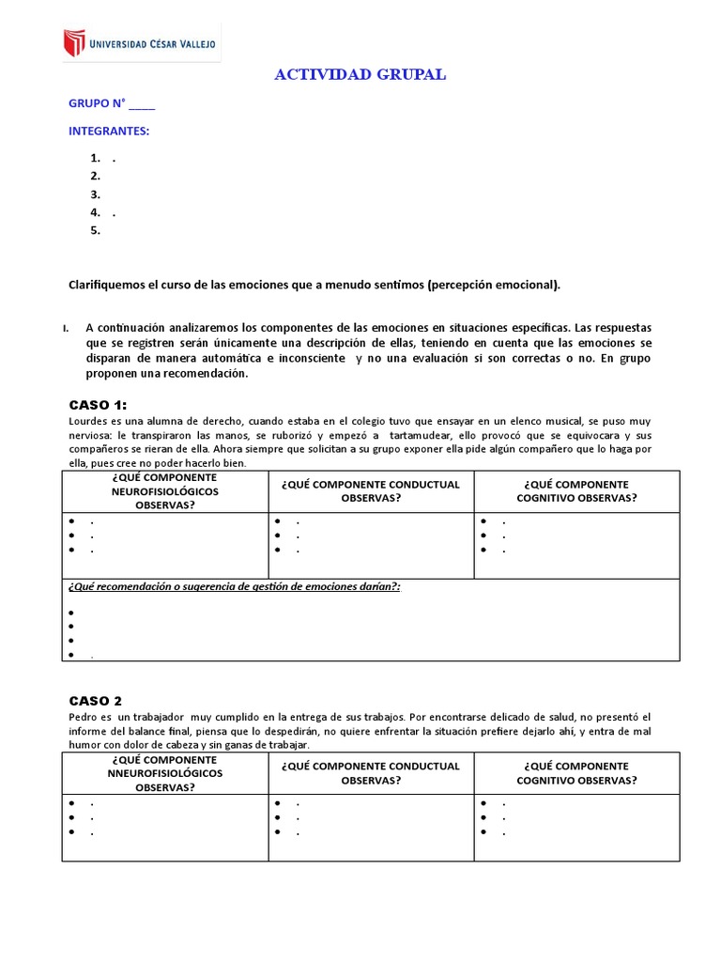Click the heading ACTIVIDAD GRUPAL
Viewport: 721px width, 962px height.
pos(360,75)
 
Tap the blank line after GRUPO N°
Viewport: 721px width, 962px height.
pos(142,105)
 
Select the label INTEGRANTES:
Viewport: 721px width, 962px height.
pos(109,131)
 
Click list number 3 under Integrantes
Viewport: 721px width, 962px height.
pos(95,194)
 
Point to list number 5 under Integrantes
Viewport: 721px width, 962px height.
pos(95,230)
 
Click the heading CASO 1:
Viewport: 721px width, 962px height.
pos(98,405)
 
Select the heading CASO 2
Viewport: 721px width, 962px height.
pos(95,701)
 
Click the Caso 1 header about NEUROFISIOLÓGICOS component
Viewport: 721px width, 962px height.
pos(165,491)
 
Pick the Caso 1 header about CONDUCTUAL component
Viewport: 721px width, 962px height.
pos(371,490)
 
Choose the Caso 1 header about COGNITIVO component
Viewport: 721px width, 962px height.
pos(576,490)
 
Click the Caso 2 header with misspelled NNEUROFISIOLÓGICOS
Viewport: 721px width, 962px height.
pos(165,772)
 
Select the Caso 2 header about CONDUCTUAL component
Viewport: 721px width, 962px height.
pos(371,772)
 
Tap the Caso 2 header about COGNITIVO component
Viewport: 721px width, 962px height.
pos(576,772)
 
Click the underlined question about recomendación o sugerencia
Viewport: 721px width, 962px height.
pos(235,586)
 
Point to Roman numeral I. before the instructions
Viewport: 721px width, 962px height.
pos(66,328)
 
